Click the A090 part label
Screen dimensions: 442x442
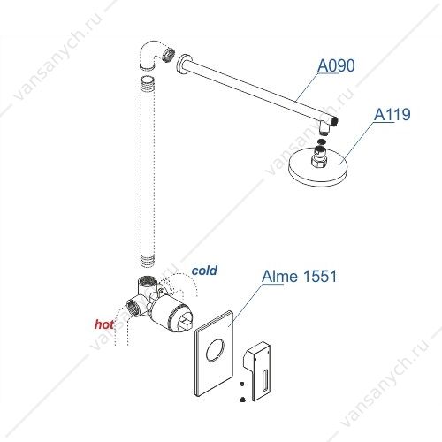[x=336, y=65]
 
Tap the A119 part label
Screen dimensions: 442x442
[x=392, y=115]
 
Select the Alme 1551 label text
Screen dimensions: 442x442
[x=299, y=277]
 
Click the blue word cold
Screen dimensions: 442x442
[x=204, y=271]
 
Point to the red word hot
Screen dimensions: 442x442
[x=104, y=324]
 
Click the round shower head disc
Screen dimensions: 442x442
[x=318, y=168]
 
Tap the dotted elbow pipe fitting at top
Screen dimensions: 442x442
[x=152, y=55]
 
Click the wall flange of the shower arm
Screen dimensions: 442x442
[x=181, y=65]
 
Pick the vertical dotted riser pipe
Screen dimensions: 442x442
[x=148, y=171]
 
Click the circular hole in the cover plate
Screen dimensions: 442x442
[x=216, y=350]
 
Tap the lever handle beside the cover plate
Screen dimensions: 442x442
[x=257, y=371]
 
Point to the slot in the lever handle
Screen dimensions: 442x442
[x=264, y=382]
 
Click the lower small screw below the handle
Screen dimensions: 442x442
[x=243, y=400]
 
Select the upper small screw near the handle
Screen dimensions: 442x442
[x=242, y=384]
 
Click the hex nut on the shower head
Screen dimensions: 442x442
[x=319, y=161]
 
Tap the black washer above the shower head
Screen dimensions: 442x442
[x=323, y=141]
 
